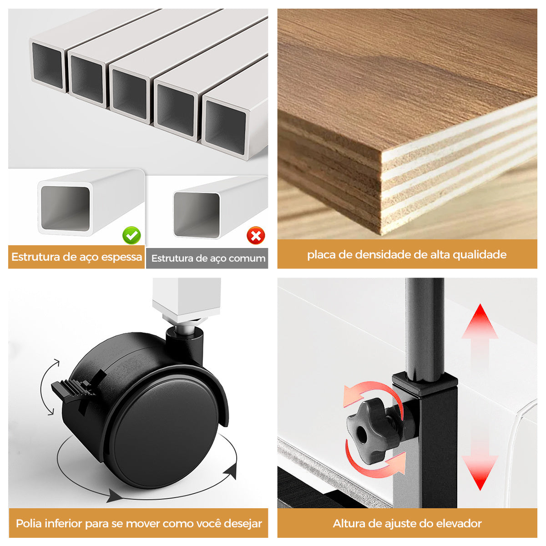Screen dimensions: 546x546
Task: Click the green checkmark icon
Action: pyautogui.click(x=131, y=235)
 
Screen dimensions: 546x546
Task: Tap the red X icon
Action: pyautogui.click(x=256, y=236)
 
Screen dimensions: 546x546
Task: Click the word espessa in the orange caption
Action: pyautogui.click(x=121, y=257)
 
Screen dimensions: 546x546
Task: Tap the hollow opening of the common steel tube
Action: pyautogui.click(x=197, y=214)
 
